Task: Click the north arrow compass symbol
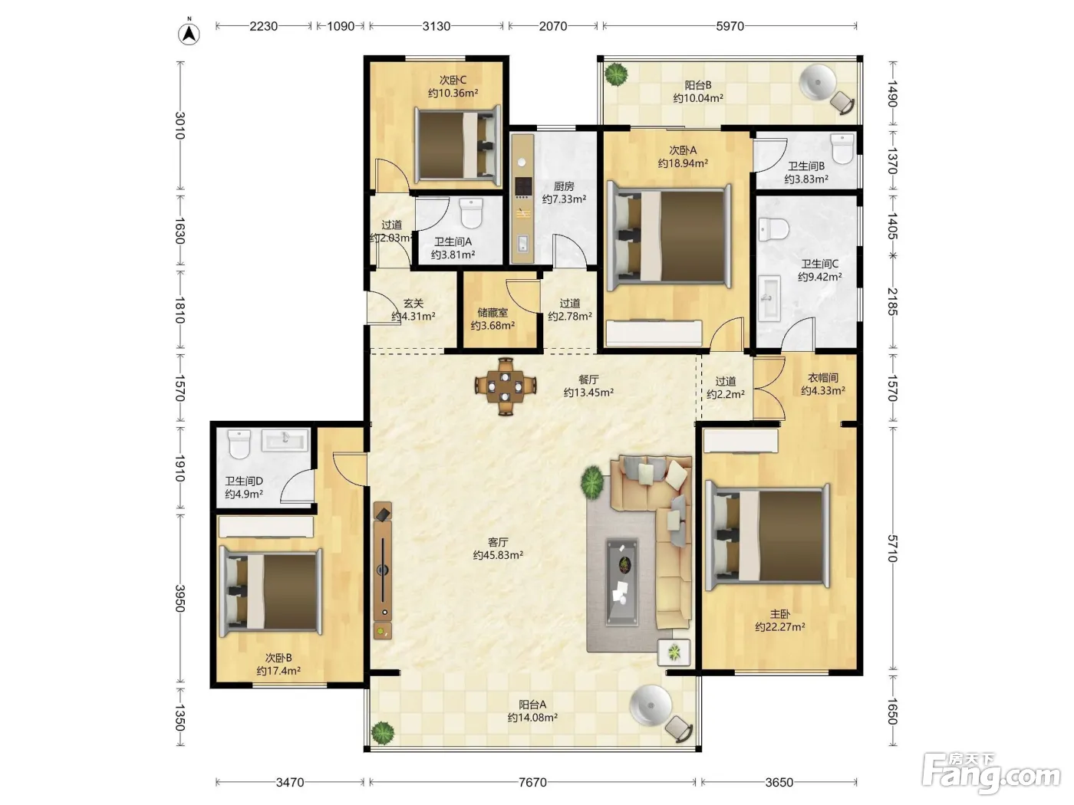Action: coord(189,34)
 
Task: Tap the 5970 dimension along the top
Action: coord(730,26)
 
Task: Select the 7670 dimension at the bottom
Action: coord(532,783)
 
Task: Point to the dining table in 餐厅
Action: coord(506,386)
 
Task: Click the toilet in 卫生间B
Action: coord(842,149)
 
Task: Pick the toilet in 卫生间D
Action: coord(239,444)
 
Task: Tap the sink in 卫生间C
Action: coord(769,298)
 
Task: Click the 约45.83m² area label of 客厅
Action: coord(498,555)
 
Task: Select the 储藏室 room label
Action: coord(493,312)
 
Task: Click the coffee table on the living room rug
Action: coord(622,582)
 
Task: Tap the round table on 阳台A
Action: coord(651,705)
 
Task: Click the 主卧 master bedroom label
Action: coord(780,614)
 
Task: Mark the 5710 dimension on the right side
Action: coord(893,549)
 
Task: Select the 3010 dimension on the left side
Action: coord(180,126)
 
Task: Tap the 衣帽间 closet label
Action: coord(823,378)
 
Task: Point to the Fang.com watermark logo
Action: coord(991,775)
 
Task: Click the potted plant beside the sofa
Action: coord(592,482)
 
